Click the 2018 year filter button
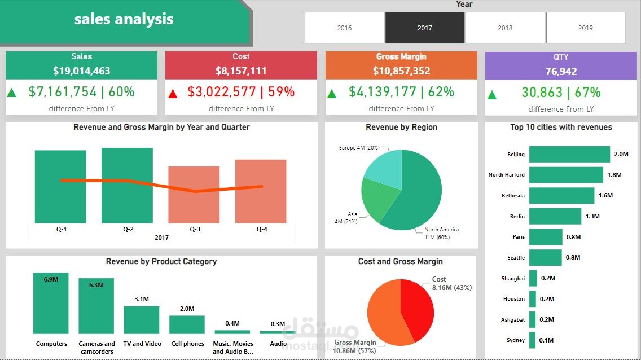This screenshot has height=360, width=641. [x=505, y=28]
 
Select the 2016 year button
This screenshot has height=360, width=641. [x=344, y=28]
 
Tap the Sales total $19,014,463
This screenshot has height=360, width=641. [x=82, y=71]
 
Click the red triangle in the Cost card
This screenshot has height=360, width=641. [x=173, y=93]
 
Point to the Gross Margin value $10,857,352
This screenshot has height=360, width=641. [x=401, y=71]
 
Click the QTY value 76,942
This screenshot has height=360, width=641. [x=561, y=72]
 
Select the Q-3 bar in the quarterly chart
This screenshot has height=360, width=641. [x=194, y=194]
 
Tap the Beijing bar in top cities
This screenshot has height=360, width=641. [x=569, y=154]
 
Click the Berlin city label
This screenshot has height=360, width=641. [x=516, y=216]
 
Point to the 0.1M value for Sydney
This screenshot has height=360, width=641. [x=546, y=340]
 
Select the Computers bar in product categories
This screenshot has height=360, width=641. [x=51, y=304]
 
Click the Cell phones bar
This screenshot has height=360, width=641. [x=187, y=324]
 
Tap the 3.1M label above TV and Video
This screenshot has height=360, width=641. [x=142, y=299]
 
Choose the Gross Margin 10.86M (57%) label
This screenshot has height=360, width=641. [x=355, y=346]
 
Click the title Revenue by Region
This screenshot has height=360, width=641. [x=401, y=128]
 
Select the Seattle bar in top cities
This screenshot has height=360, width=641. [x=545, y=257]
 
